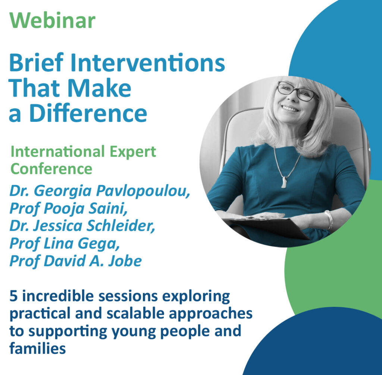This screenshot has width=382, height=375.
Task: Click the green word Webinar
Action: pyautogui.click(x=53, y=20)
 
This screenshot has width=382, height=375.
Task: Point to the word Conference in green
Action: pyautogui.click(x=51, y=168)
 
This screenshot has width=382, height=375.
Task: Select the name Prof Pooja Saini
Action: pyautogui.click(x=68, y=209)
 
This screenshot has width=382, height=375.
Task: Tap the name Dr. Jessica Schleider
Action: pyautogui.click(x=82, y=226)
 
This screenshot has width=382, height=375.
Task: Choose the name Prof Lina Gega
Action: pyautogui.click(x=65, y=244)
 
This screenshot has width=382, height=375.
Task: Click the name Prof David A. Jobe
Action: pyautogui.click(x=75, y=261)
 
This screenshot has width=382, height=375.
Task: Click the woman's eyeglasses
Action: pyautogui.click(x=297, y=91)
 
